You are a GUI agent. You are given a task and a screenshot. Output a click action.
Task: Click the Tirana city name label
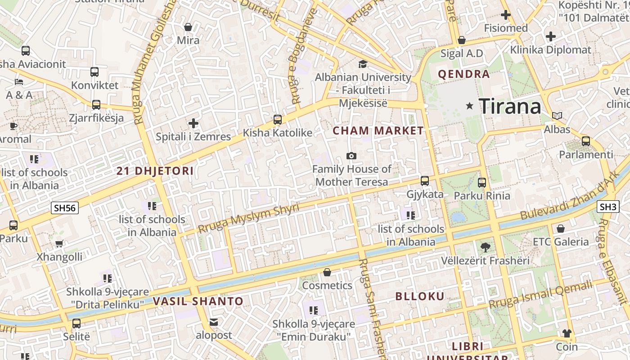[x=510, y=107]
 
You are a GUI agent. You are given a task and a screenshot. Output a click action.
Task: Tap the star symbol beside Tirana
[x=470, y=106]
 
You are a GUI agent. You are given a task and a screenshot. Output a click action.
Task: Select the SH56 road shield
[x=65, y=207]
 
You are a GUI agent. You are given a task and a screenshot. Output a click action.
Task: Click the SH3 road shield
[x=607, y=207]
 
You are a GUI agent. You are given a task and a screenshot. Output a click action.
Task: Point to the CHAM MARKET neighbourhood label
[x=378, y=131]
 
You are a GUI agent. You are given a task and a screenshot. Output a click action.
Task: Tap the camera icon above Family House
[x=351, y=156]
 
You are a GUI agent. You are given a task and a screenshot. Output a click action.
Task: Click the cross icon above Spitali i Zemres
[x=193, y=123]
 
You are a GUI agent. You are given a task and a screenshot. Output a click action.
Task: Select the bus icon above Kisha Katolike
[x=278, y=119]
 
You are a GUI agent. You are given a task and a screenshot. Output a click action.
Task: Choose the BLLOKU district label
[x=420, y=296]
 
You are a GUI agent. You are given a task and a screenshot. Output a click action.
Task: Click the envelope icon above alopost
[x=214, y=322]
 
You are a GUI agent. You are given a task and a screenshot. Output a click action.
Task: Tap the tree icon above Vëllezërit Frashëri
[x=485, y=247]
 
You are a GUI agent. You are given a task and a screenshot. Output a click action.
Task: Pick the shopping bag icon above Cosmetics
[x=327, y=272]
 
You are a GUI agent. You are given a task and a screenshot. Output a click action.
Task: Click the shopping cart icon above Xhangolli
[x=59, y=243]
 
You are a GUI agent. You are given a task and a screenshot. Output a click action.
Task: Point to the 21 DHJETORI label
[x=155, y=171]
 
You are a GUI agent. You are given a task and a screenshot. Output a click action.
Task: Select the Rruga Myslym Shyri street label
[x=249, y=218]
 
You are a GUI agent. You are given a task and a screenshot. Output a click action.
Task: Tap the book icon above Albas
[x=557, y=116]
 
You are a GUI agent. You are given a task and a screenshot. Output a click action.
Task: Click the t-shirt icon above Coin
[x=567, y=333]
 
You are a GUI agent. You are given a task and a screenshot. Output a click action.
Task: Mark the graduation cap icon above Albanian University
[x=363, y=64]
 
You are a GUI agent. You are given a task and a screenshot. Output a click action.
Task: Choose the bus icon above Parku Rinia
[x=482, y=182]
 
